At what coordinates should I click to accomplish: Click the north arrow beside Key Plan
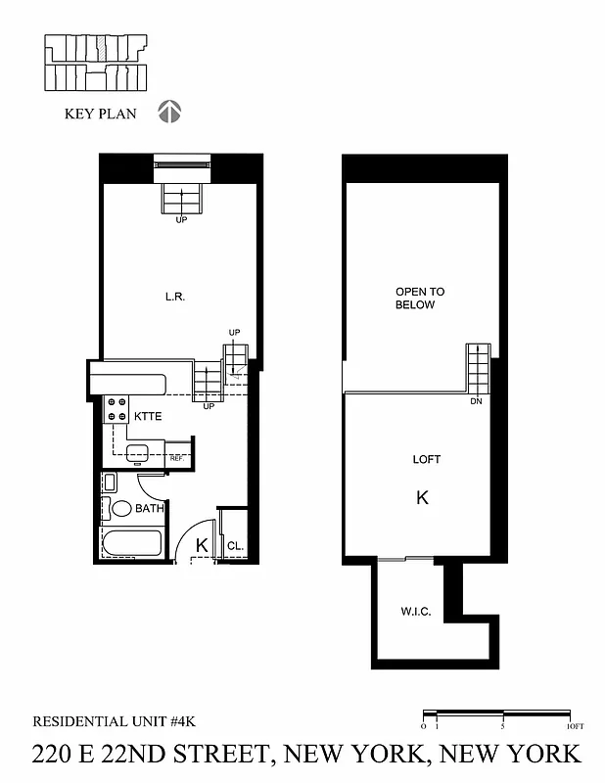click(170, 113)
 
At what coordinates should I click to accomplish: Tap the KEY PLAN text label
click(101, 114)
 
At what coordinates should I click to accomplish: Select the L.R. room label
click(175, 296)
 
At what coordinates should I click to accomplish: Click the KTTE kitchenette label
click(148, 416)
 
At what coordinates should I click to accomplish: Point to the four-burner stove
click(116, 409)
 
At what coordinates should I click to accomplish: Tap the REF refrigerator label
click(176, 458)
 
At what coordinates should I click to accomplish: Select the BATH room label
click(149, 509)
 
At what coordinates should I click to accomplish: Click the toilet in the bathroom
click(121, 508)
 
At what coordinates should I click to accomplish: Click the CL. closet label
click(235, 546)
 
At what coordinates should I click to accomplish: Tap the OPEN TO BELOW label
click(419, 299)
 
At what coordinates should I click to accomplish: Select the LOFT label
click(427, 459)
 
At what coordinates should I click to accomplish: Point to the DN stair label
click(476, 401)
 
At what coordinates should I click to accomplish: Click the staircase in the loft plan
click(477, 369)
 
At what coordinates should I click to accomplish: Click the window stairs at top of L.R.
click(181, 200)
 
